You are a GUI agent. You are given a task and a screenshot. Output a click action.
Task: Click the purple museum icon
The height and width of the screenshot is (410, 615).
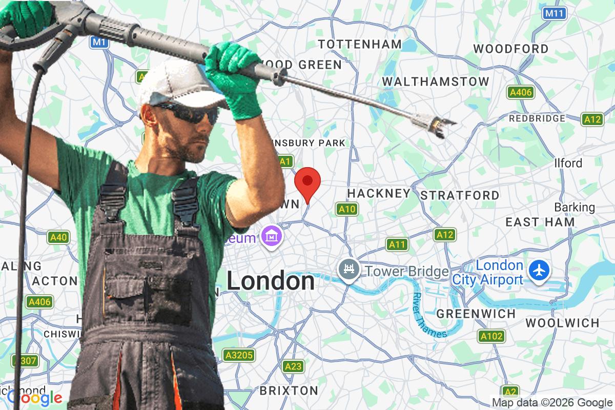tap(270, 236)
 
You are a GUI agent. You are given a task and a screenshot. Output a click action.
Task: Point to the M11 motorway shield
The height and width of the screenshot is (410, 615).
tap(555, 13)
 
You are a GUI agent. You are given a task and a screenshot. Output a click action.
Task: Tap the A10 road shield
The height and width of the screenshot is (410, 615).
tap(347, 209)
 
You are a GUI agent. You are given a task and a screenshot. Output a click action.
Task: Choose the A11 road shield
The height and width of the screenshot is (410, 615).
tap(397, 244)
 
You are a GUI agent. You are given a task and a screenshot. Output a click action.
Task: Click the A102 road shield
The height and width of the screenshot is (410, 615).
tap(491, 337)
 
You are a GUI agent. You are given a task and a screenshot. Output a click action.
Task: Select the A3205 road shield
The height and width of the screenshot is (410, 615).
tap(239, 355)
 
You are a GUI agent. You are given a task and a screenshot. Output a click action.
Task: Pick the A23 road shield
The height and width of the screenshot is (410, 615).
tap(293, 366)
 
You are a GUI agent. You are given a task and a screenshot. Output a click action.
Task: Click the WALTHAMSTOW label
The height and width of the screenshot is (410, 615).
tap(436, 81)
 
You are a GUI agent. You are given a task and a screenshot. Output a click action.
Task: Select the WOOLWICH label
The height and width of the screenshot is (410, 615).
tap(562, 323)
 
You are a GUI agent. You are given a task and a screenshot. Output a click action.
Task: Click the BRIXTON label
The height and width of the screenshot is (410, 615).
tap(289, 391)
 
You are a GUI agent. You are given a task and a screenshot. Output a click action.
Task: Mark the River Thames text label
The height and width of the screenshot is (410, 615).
tap(429, 315)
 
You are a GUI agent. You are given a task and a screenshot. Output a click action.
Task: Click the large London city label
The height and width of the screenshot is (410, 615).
tap(271, 281)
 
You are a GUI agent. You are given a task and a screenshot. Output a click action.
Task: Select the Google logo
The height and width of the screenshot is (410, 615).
tap(34, 398)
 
